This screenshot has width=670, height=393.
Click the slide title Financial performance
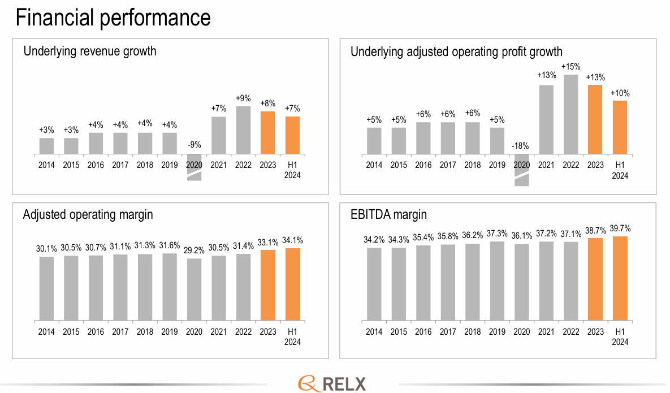point(113,18)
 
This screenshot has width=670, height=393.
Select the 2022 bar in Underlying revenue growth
point(243,130)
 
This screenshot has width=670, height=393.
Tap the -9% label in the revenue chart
point(194,145)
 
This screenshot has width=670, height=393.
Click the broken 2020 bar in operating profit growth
point(522,169)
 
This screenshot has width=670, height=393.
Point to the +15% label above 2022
point(570,67)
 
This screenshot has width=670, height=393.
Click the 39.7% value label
point(620,229)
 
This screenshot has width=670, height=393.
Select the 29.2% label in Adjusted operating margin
point(194,249)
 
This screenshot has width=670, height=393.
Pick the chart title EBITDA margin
point(388,215)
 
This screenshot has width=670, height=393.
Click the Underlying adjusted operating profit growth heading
point(456,52)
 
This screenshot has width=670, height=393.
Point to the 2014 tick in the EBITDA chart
point(374,332)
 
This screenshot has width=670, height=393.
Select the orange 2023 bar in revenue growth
point(268,133)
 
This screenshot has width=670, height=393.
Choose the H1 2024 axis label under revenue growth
point(292,170)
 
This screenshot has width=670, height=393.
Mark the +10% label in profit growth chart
point(620,93)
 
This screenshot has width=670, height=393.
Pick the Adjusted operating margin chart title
point(88,215)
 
